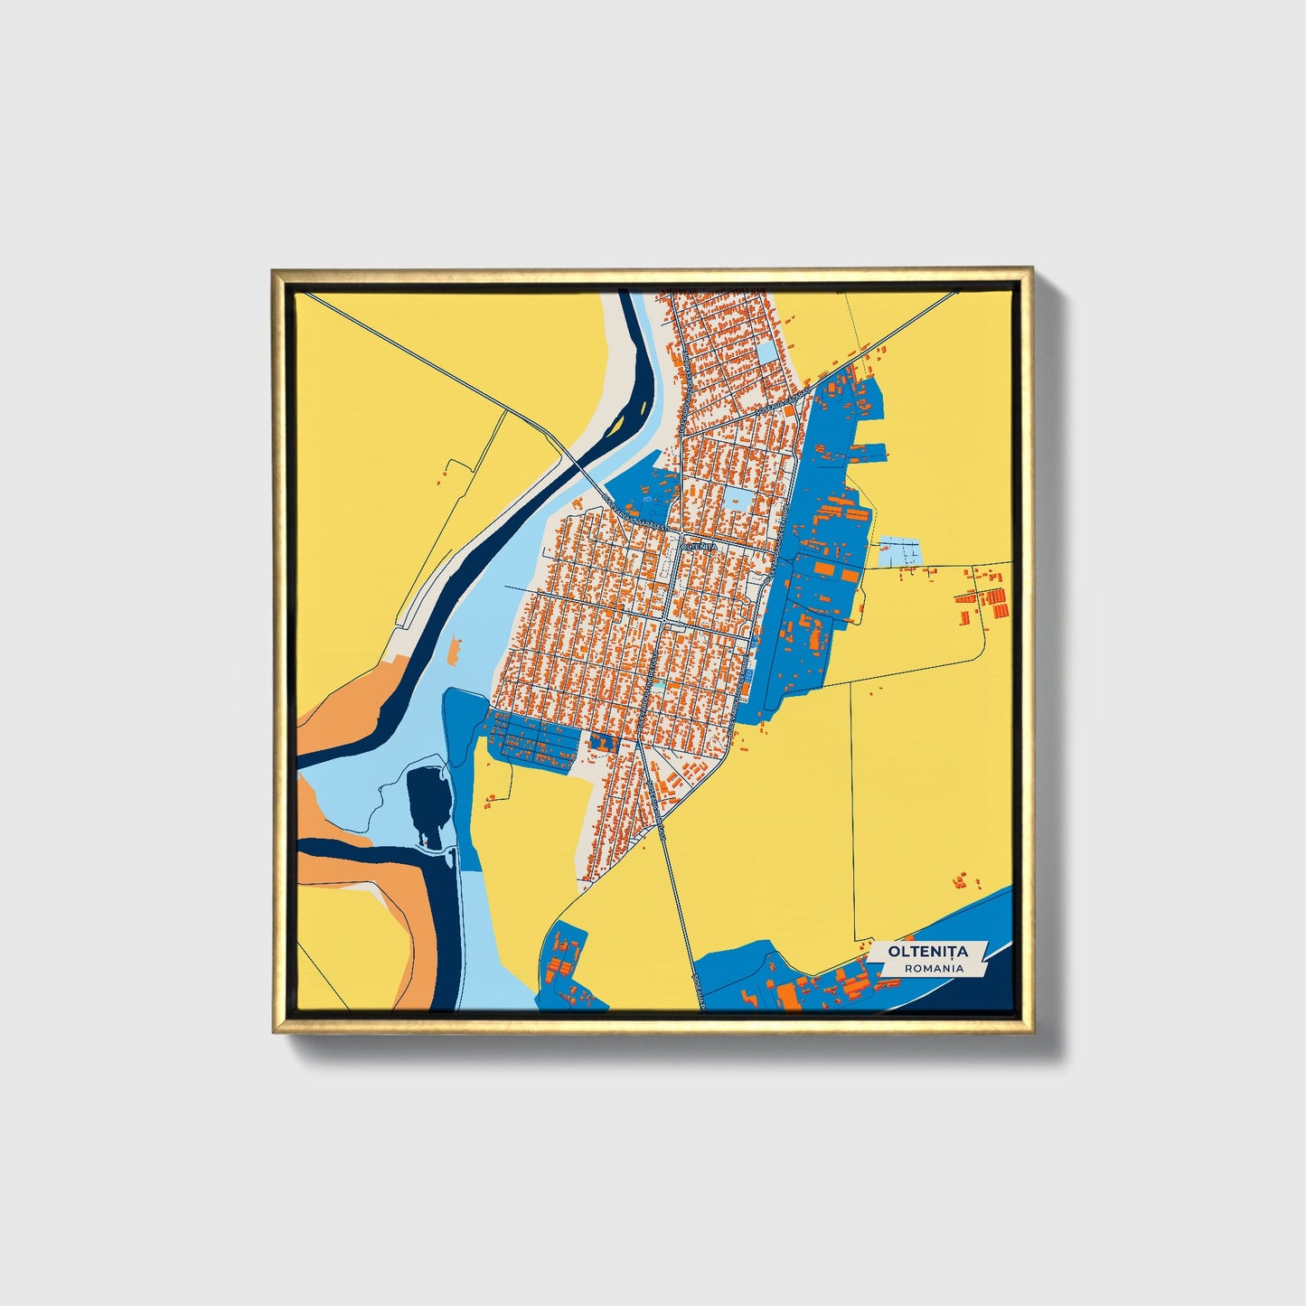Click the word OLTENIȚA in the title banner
[x=927, y=952]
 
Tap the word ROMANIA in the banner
[x=933, y=968]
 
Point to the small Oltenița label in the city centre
[x=698, y=547]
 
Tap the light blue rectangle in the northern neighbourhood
[x=767, y=352]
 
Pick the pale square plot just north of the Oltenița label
[x=737, y=500]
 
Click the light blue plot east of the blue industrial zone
[x=898, y=551]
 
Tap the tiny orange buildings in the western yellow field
[x=445, y=473]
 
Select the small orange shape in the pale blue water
[x=454, y=649]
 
